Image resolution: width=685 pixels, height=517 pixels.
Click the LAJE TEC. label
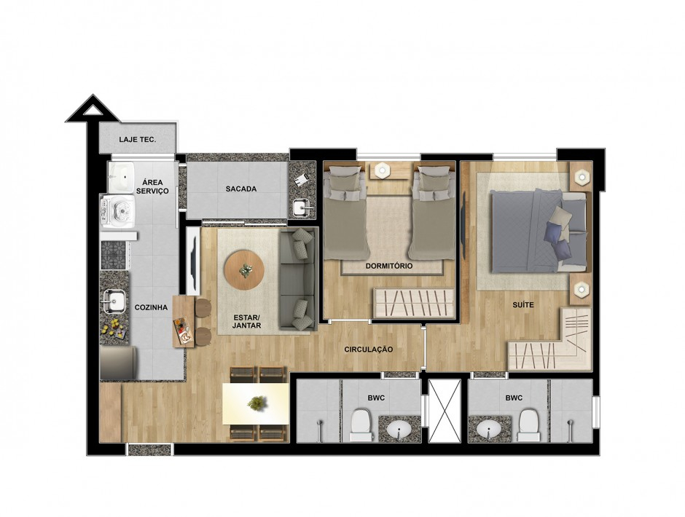point(138,140)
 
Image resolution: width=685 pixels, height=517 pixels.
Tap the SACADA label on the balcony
point(241,189)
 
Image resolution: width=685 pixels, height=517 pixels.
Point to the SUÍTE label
point(523,305)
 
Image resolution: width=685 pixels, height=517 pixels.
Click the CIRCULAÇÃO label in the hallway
point(368,350)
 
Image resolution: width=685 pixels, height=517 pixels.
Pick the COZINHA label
point(151,307)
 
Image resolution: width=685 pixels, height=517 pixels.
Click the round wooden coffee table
point(244,270)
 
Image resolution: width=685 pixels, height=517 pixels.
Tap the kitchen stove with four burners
point(114,255)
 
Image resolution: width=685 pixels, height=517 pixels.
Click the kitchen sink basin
point(115,301)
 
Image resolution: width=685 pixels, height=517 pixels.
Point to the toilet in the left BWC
point(361,425)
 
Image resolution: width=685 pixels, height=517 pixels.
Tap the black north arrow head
point(92,108)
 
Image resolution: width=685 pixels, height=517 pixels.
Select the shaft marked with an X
point(445,410)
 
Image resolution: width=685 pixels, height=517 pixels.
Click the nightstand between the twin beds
point(389,170)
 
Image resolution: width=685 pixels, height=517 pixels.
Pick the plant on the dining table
point(256,403)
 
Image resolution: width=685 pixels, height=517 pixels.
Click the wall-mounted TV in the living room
point(192,260)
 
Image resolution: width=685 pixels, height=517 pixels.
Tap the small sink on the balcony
point(302,208)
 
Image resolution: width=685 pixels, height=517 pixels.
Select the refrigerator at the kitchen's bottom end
point(118,363)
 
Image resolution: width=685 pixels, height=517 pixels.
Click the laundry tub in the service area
point(121,177)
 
